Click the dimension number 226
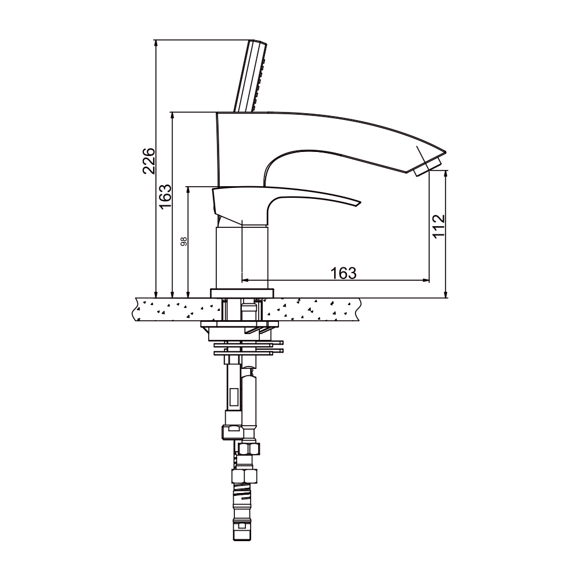149,161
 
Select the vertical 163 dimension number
165,195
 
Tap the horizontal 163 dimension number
343,273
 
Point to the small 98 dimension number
184,241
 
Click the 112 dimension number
438,226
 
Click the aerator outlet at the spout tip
428,167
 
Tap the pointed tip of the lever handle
360,202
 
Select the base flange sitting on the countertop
242,293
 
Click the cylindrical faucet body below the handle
242,258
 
